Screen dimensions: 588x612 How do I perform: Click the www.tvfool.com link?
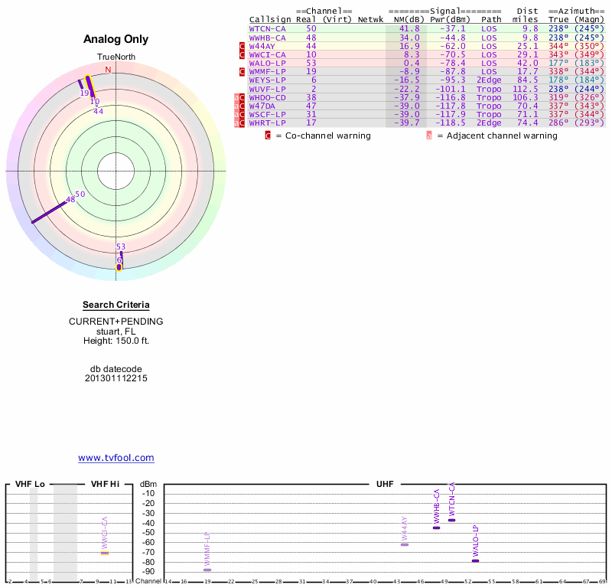click(x=116, y=458)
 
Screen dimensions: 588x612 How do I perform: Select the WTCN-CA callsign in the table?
click(x=267, y=28)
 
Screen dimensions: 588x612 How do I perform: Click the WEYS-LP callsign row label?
click(x=267, y=80)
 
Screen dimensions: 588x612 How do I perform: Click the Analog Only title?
click(x=116, y=39)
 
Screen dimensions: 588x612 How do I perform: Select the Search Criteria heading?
click(x=116, y=305)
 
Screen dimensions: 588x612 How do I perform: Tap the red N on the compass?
click(x=108, y=70)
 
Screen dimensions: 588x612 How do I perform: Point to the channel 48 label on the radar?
click(x=70, y=200)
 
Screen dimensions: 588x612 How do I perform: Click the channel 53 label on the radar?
click(x=121, y=247)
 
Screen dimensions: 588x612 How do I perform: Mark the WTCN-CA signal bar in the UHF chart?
click(x=451, y=520)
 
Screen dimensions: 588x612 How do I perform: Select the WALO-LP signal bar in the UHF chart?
click(x=475, y=560)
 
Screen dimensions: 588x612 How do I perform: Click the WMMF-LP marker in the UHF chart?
click(x=207, y=570)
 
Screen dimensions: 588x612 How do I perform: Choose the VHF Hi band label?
click(x=105, y=484)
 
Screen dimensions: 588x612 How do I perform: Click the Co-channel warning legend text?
click(x=323, y=136)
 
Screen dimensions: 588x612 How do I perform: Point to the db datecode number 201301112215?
click(x=116, y=377)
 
